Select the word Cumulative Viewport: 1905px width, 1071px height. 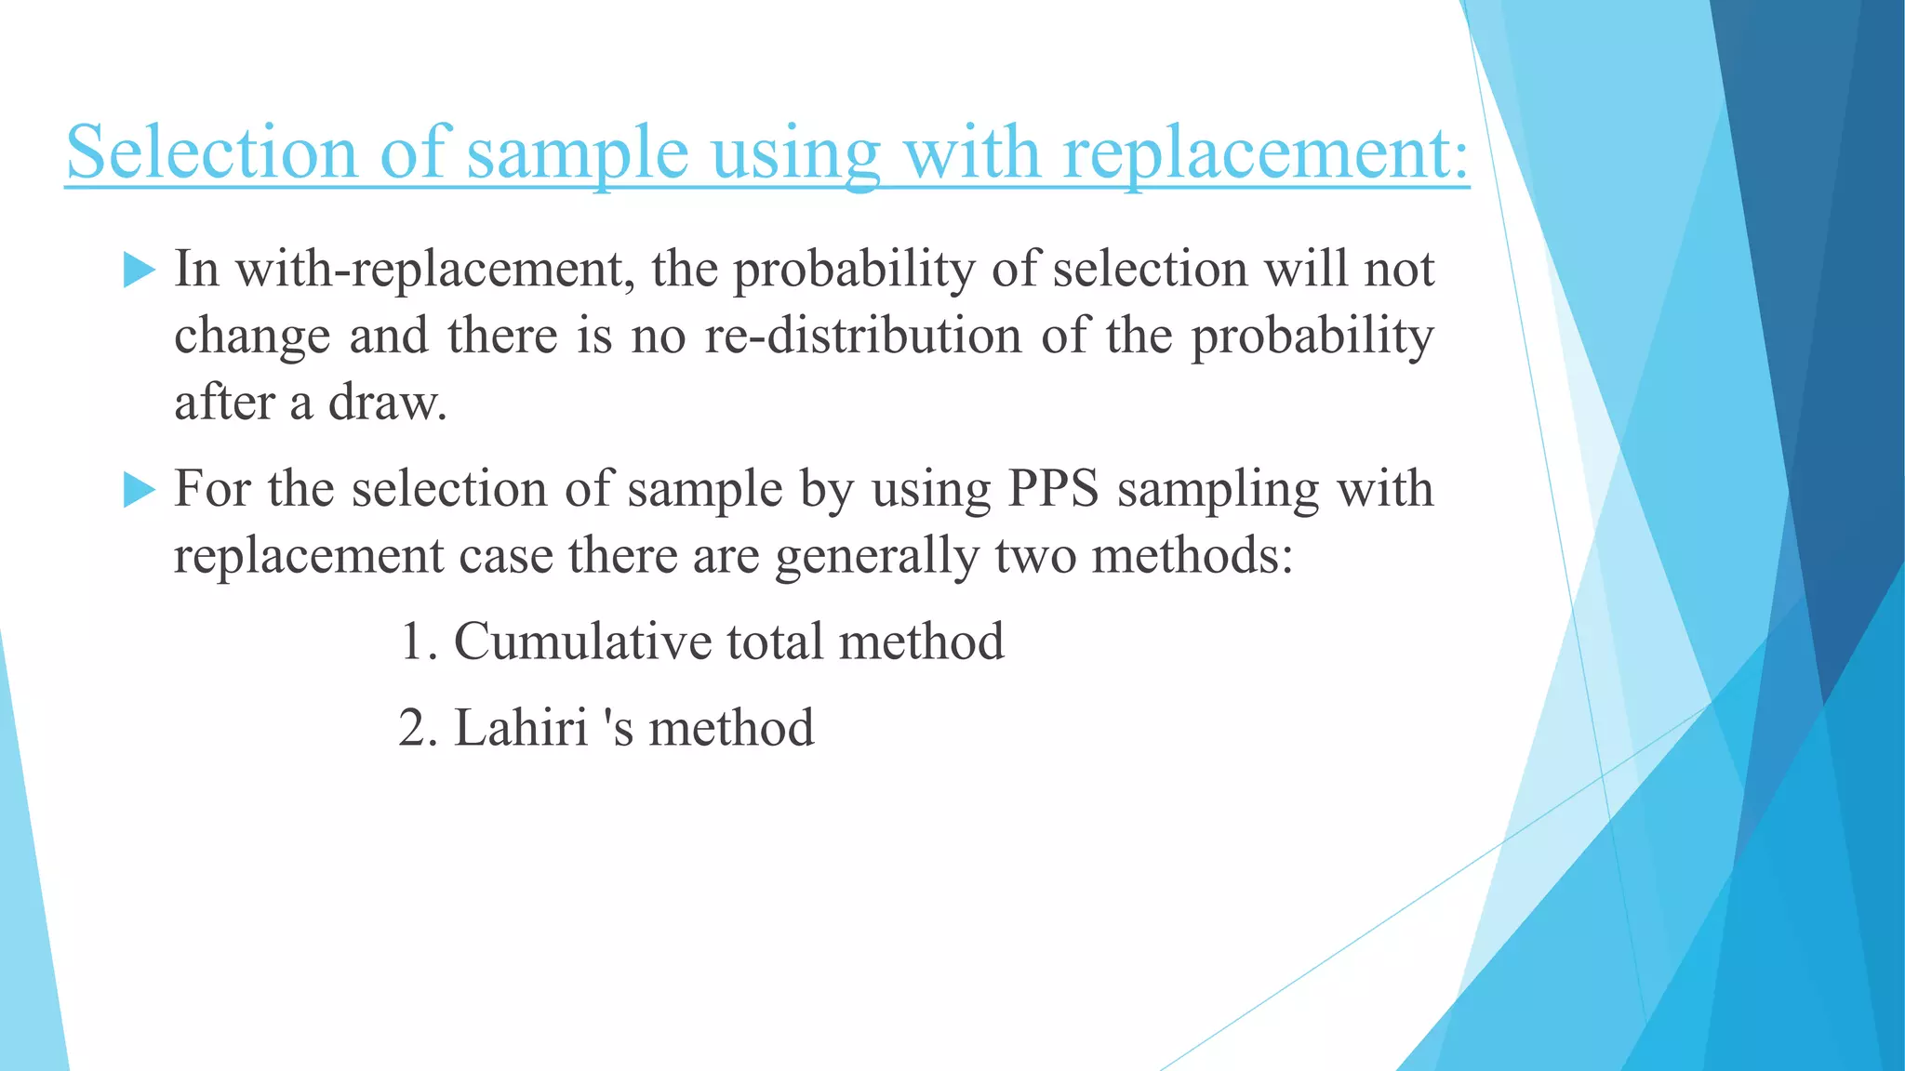(581, 641)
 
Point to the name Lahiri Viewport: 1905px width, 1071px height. (521, 727)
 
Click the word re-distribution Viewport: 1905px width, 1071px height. (862, 336)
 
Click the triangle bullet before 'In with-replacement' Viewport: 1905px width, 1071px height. (139, 270)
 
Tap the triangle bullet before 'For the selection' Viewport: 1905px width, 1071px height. (139, 489)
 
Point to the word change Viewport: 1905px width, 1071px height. (252, 336)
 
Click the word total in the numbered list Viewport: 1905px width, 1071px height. (774, 641)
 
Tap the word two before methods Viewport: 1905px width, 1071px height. (1034, 556)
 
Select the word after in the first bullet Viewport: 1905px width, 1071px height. (224, 403)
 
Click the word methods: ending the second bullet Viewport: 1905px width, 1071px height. (1192, 556)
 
